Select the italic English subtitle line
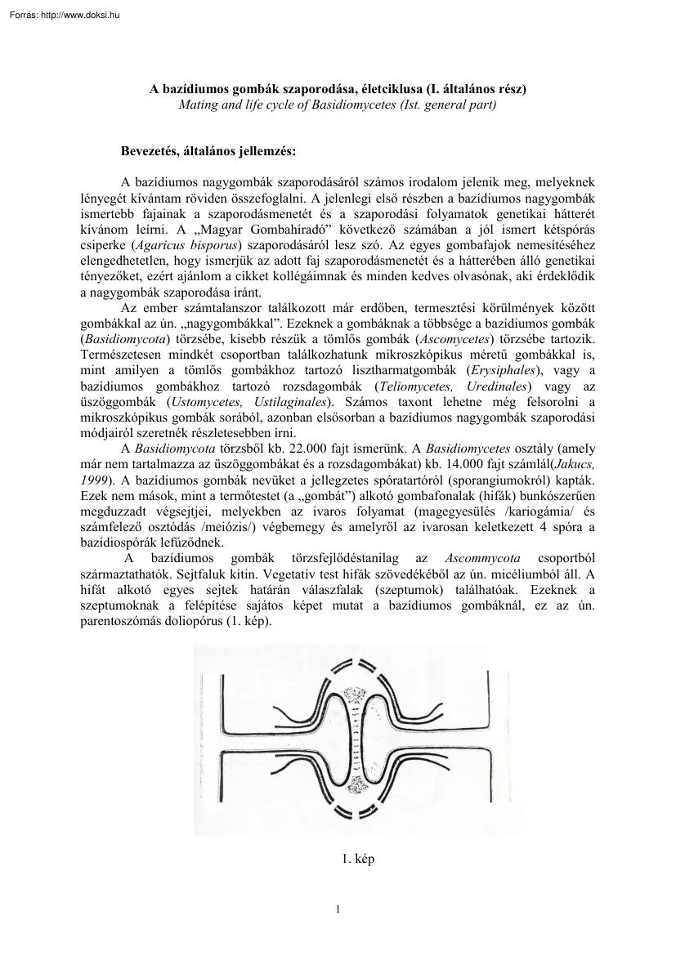tap(338, 105)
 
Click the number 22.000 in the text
tap(304, 449)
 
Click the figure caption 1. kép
tap(357, 859)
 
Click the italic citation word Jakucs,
tap(572, 464)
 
